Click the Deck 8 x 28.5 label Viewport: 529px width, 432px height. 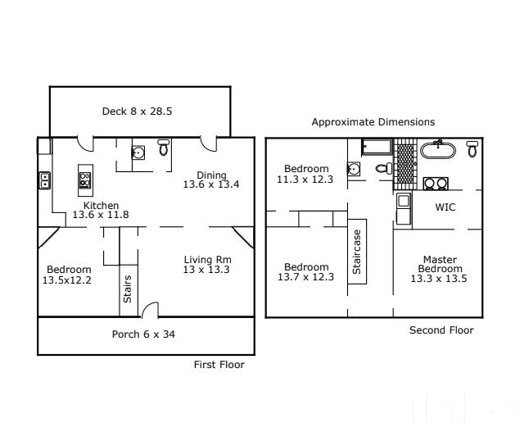(137, 111)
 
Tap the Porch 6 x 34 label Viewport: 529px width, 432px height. (143, 334)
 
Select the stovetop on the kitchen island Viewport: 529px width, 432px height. (85, 180)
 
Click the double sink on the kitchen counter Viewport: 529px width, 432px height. (44, 180)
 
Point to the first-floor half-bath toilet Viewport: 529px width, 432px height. (164, 148)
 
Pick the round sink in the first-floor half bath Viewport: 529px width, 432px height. (138, 152)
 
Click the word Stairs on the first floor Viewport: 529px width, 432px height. (128, 289)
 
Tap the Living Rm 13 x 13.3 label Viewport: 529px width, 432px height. (207, 265)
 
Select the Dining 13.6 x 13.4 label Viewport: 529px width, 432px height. (211, 180)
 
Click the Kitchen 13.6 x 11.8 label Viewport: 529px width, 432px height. (101, 210)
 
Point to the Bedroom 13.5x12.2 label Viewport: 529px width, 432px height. (67, 275)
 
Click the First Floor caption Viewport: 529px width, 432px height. (219, 365)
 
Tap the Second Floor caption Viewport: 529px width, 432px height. (441, 330)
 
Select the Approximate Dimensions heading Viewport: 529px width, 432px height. (373, 122)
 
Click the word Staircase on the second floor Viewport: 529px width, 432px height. (357, 252)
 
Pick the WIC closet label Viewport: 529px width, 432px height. (445, 207)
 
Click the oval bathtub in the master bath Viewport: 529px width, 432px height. (437, 150)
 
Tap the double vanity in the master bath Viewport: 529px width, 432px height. (436, 184)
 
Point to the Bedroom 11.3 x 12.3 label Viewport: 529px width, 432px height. (305, 174)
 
